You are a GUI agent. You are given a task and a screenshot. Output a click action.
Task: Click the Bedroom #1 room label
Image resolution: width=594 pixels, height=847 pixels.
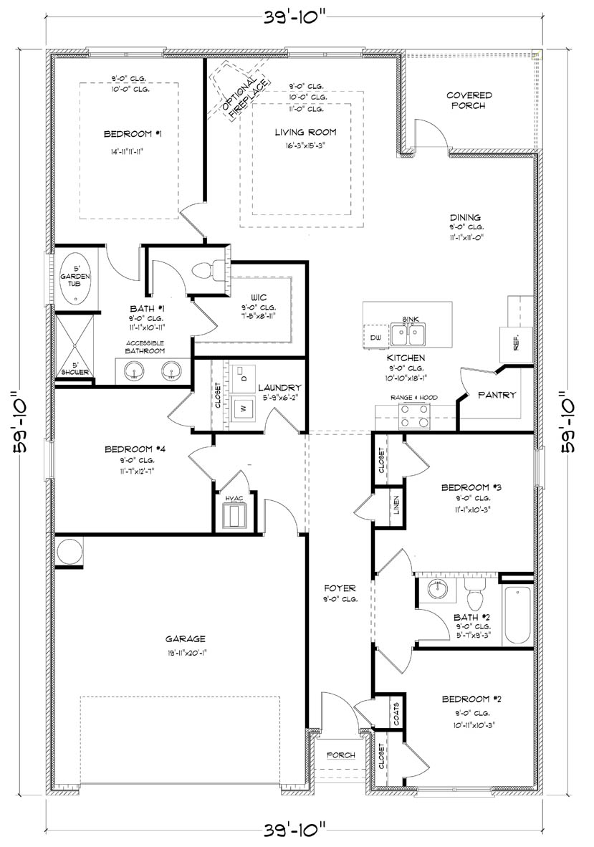(127, 134)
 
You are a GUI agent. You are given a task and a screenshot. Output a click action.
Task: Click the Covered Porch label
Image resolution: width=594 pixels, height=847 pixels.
(469, 100)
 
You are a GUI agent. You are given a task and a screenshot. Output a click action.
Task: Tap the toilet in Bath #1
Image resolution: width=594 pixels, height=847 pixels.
(205, 269)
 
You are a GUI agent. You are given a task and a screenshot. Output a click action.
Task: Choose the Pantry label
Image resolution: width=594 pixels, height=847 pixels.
(497, 395)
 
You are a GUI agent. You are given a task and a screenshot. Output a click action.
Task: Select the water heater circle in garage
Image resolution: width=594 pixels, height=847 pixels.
(70, 552)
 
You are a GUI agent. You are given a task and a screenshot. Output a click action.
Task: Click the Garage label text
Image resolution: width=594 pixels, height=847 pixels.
(186, 638)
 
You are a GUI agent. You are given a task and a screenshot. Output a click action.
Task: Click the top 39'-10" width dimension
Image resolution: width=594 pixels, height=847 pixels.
(296, 19)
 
